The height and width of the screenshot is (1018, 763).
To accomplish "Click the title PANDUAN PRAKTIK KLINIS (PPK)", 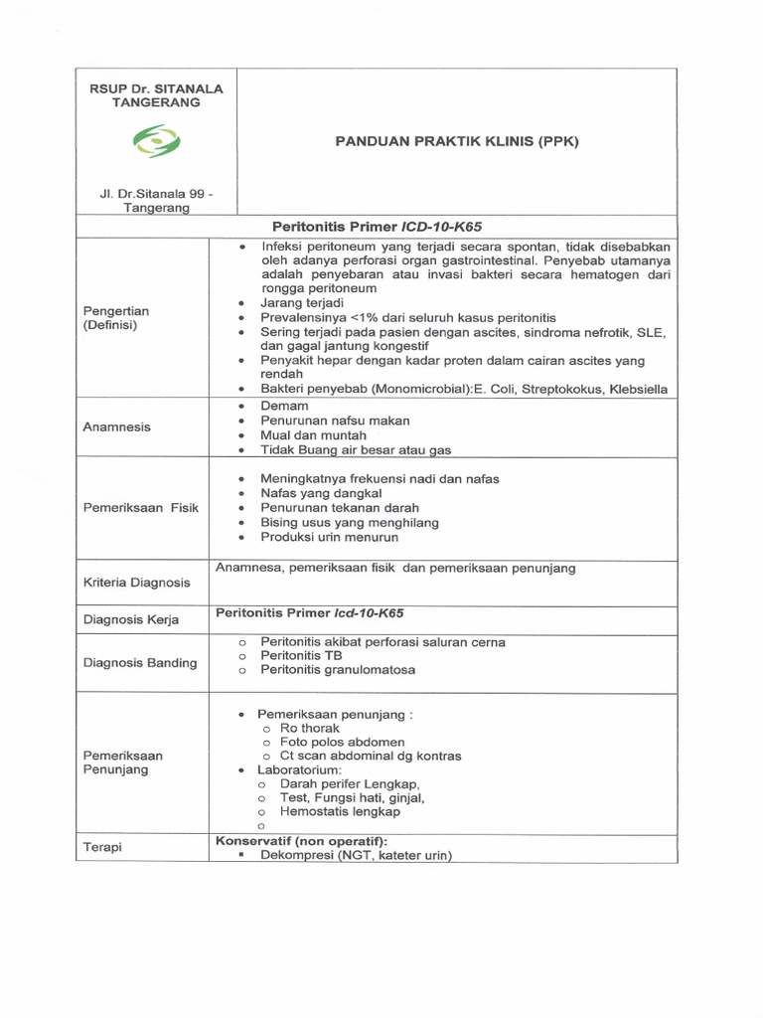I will tap(456, 141).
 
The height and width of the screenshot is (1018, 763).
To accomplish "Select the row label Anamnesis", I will tap(118, 426).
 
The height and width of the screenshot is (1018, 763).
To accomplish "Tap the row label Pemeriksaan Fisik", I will tap(141, 507).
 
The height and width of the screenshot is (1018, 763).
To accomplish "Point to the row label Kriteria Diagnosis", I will tap(137, 582).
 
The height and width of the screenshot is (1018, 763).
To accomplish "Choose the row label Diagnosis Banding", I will tap(140, 662).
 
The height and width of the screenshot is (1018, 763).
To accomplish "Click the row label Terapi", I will tap(103, 846).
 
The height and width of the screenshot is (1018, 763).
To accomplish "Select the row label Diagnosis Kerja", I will tap(131, 619).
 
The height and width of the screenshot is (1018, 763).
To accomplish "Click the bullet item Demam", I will tap(284, 406).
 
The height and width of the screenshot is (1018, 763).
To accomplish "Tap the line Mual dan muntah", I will tap(313, 435).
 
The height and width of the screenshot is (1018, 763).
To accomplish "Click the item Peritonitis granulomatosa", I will tap(338, 670).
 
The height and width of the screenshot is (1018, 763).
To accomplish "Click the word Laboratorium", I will tap(299, 770).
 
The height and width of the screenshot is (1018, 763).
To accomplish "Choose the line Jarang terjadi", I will tap(302, 301).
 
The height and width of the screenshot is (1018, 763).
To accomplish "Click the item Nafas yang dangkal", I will tap(321, 493).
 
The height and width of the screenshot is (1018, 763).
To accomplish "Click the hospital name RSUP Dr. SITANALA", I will tap(157, 88).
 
